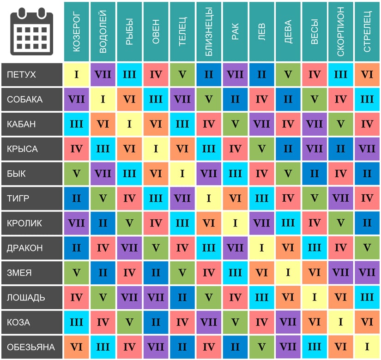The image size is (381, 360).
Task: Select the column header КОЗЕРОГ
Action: point(77,31)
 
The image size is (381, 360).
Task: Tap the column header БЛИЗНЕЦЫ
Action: point(209,31)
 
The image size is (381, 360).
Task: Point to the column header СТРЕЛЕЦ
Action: point(368,31)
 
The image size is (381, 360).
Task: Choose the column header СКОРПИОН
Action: point(341,31)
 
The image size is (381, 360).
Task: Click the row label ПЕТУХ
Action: point(31,74)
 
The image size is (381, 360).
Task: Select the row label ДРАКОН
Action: point(31,248)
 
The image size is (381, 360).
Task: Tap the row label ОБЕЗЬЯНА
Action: point(31,347)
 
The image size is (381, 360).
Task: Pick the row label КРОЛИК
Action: point(31,223)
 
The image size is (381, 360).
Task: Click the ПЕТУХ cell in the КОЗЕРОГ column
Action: point(77,74)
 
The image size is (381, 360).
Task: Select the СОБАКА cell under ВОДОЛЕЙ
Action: point(103,99)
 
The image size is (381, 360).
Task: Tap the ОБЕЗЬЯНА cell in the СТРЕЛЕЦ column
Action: point(368,347)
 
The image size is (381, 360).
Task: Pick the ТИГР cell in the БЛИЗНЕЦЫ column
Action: point(209,198)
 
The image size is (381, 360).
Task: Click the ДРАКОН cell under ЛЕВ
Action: point(262,248)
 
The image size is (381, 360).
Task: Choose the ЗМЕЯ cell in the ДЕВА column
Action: point(288,273)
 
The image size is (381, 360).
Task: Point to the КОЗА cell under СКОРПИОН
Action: point(341,322)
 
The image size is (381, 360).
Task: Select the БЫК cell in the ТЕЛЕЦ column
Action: point(182,174)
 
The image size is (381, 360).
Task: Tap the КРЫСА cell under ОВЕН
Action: point(156,149)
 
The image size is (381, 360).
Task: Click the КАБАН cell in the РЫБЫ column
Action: point(130,124)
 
